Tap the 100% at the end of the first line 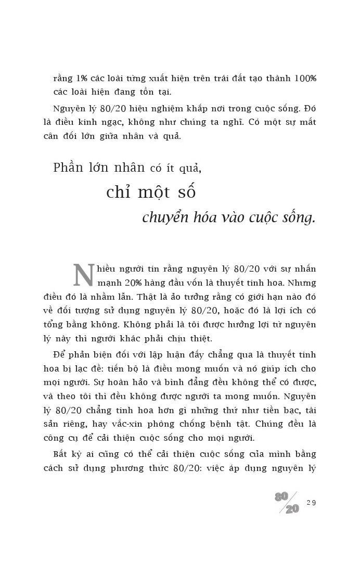pos(305,79)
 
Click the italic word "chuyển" pos(165,218)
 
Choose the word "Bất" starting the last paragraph pos(62,454)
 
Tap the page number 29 pos(312,503)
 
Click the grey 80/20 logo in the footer pos(288,502)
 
